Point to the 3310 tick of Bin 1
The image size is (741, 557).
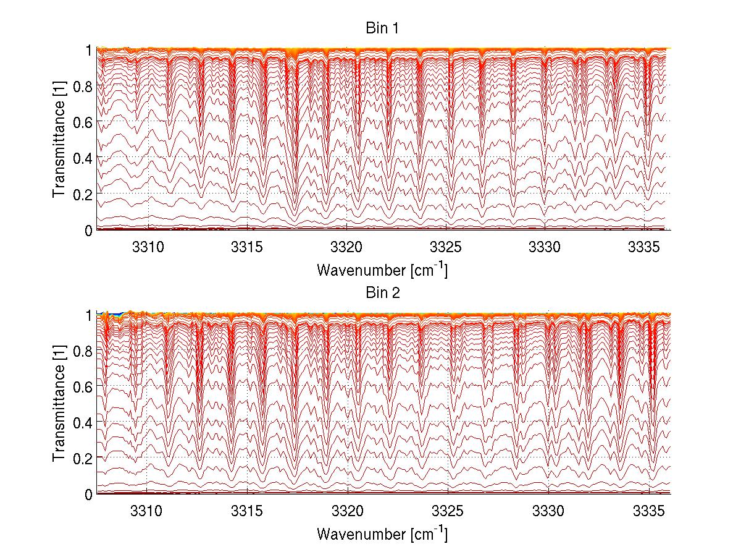point(148,248)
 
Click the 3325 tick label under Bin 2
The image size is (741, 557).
point(447,512)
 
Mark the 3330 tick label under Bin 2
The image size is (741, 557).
point(548,512)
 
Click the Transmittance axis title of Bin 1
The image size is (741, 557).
point(59,140)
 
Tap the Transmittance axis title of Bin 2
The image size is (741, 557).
point(59,404)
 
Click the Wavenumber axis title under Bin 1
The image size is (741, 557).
point(382,270)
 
